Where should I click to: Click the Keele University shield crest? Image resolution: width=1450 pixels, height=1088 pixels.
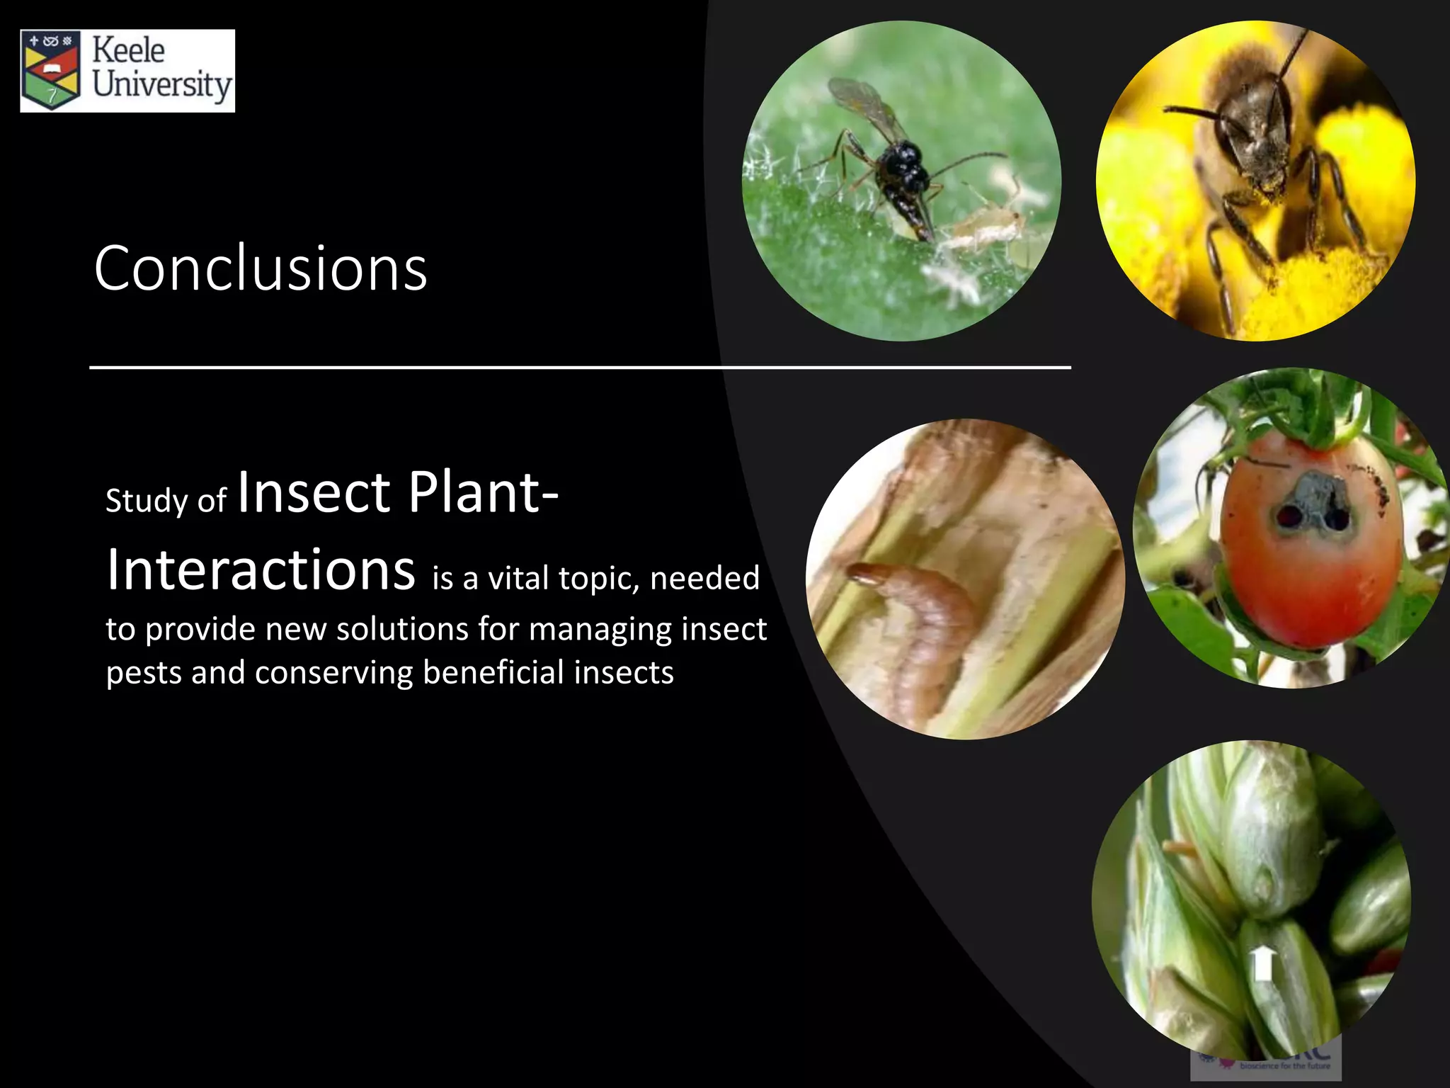coord(51,71)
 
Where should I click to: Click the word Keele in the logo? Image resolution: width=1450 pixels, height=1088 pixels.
coord(128,51)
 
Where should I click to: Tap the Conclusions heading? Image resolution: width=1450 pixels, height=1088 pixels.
coord(261,268)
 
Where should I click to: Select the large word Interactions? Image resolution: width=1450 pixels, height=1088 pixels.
coord(261,570)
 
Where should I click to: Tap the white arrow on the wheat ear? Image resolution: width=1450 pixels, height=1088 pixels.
coord(1262,963)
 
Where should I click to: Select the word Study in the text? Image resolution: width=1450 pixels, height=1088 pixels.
coord(147,501)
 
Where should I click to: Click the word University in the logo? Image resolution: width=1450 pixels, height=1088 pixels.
coord(162,85)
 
